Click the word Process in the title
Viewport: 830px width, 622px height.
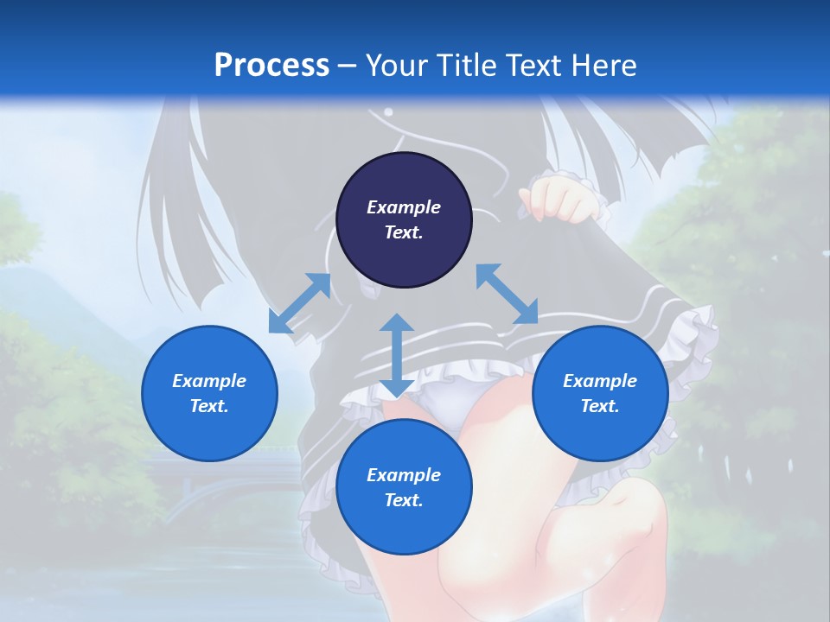tap(271, 65)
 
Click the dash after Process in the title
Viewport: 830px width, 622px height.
tap(347, 67)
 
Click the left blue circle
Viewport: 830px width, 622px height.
tap(209, 393)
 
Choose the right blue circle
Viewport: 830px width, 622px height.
tap(600, 393)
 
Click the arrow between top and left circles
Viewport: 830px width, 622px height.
tap(300, 302)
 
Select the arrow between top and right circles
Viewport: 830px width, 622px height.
tap(507, 294)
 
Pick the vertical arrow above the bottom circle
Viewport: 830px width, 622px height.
tap(397, 355)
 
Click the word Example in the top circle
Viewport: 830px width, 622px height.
tap(404, 207)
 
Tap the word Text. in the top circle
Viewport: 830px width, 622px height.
tap(404, 232)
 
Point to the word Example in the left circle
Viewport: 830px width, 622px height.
tap(209, 381)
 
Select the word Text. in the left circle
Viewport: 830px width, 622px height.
tap(209, 406)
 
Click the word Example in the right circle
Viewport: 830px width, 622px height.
tap(600, 381)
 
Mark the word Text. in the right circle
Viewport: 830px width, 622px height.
tap(600, 406)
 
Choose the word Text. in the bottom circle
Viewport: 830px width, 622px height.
tap(404, 500)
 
